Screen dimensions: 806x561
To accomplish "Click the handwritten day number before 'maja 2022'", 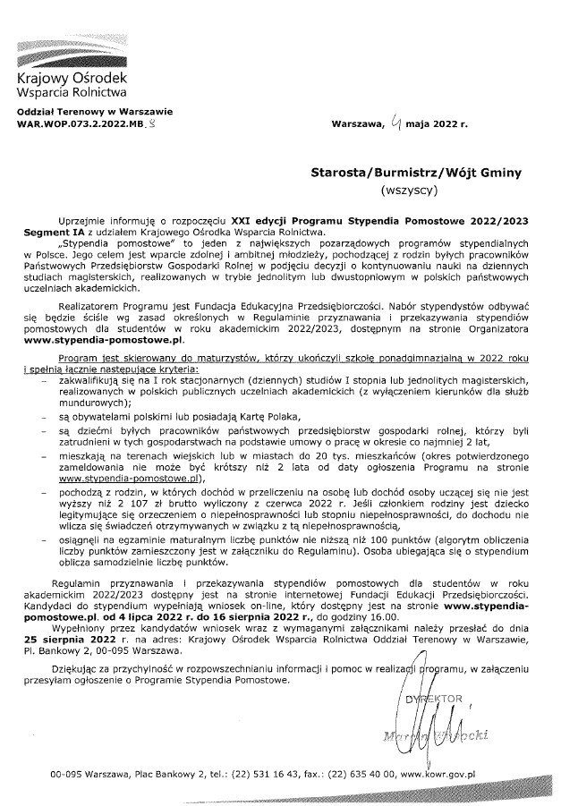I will pyautogui.click(x=395, y=124).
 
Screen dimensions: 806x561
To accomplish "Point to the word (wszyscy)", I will pyautogui.click(x=408, y=191).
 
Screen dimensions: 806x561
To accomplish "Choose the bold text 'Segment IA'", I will pyautogui.click(x=55, y=232).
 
